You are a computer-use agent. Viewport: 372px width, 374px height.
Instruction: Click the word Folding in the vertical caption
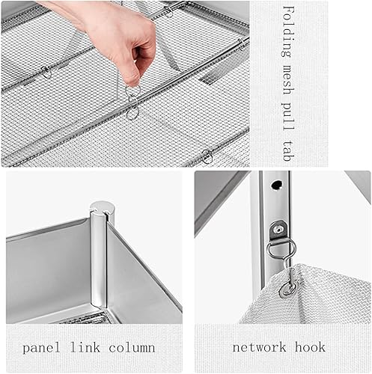point(288,29)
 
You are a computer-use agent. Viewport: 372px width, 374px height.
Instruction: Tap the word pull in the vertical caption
point(288,116)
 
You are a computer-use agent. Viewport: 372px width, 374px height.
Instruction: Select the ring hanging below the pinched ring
point(132,114)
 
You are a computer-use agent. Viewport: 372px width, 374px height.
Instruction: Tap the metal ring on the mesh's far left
point(46,73)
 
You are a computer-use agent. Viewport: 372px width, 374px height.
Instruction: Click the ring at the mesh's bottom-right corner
point(207,156)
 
